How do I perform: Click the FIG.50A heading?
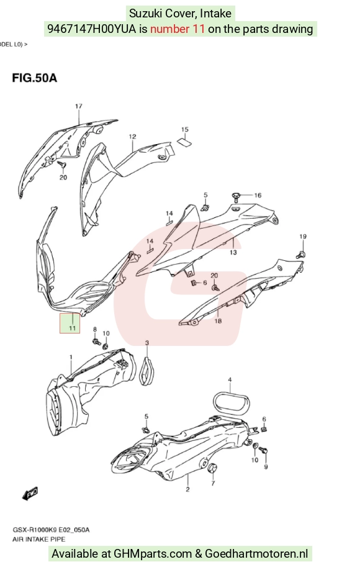click(34, 78)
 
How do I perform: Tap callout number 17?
click(78, 106)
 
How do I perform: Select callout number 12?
click(132, 137)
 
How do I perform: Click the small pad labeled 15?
click(185, 142)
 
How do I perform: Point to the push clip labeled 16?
click(236, 197)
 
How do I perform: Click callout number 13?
click(233, 252)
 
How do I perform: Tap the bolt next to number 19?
click(300, 254)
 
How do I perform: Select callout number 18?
click(218, 320)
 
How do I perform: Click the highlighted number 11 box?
click(70, 323)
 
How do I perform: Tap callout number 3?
click(146, 342)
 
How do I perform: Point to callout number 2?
click(187, 489)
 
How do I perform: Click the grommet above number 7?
click(212, 468)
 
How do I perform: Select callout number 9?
click(266, 467)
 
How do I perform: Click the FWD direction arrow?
click(30, 494)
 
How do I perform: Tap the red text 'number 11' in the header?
click(178, 29)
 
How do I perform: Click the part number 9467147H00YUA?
click(92, 29)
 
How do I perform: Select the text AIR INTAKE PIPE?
click(39, 539)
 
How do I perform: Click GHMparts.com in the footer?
click(153, 553)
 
